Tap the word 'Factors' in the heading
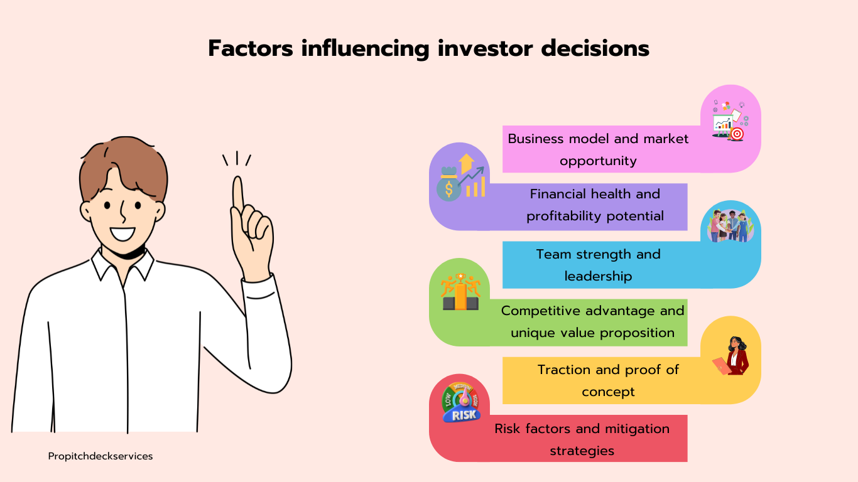(251, 48)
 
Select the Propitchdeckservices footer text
(100, 456)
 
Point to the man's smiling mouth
(122, 233)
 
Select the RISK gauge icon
(461, 402)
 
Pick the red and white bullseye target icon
(737, 134)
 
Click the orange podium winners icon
(461, 291)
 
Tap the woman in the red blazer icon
(732, 356)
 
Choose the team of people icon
(730, 225)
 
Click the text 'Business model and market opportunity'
(598, 150)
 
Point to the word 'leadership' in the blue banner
(598, 276)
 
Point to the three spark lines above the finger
(237, 158)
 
